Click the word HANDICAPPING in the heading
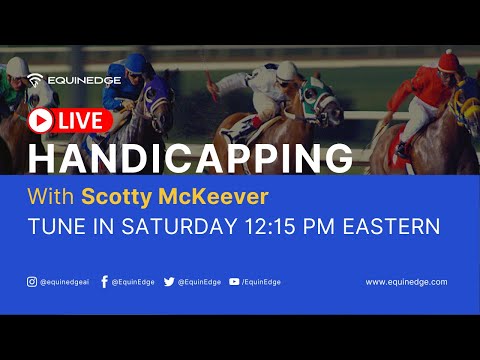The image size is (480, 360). point(190,159)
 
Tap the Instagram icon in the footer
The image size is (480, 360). point(32,282)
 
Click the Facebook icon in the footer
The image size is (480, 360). point(104,282)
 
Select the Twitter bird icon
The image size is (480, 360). point(168,282)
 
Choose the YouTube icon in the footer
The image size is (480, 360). point(233,282)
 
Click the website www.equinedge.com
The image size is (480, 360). point(405,282)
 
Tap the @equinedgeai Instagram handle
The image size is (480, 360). point(67,282)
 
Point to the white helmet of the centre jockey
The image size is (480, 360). point(286,70)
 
